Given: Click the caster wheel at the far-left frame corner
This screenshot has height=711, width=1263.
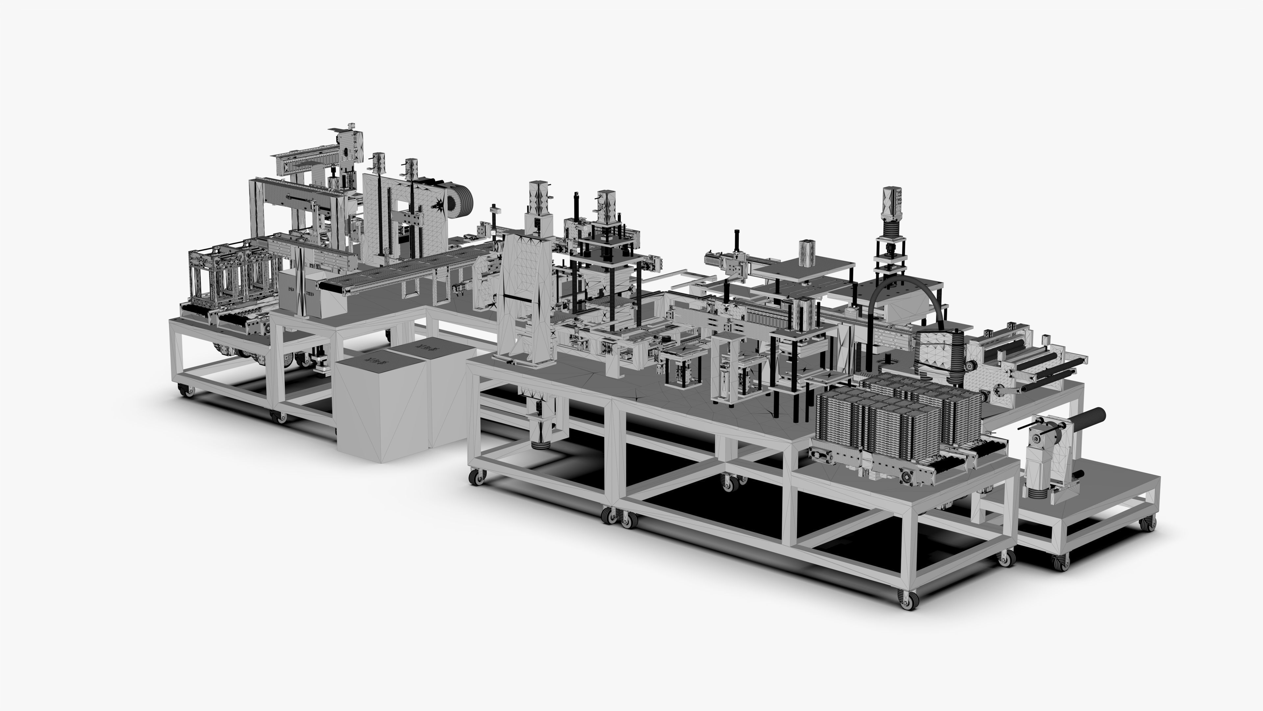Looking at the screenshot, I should click(x=186, y=391).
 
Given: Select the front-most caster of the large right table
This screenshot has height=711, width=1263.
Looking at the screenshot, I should click(x=907, y=600).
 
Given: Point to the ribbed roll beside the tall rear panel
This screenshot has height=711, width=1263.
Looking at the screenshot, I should click(x=461, y=200).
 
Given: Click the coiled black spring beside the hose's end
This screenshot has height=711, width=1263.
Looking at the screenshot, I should click(x=956, y=358).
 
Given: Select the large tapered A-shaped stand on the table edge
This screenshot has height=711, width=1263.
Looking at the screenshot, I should click(x=524, y=299).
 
